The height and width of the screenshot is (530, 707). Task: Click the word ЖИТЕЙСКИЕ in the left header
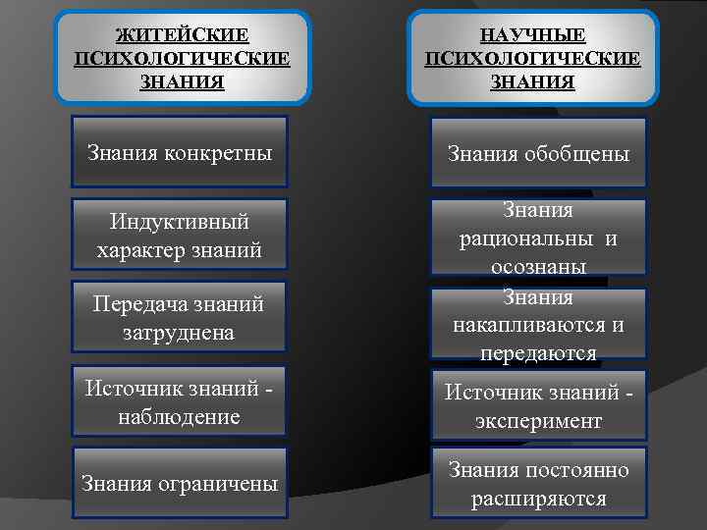[x=182, y=36]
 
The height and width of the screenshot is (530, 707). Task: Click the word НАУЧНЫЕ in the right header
[x=533, y=36]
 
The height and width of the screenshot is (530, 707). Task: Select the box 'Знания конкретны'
[x=180, y=152]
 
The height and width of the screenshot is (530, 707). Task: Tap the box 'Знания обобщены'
[x=538, y=154]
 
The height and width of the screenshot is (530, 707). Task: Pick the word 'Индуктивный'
[x=180, y=224]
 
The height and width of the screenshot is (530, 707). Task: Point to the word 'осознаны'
[x=538, y=266]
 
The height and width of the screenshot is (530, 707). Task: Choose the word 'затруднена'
[x=179, y=333]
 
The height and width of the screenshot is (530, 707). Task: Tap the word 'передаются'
[x=538, y=352]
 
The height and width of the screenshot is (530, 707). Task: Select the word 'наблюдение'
[x=179, y=416]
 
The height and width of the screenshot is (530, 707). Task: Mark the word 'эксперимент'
[x=538, y=420]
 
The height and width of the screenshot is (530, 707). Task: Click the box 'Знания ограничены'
[x=180, y=484]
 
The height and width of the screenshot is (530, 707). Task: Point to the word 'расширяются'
[x=538, y=499]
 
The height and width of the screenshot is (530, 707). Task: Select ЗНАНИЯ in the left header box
[x=182, y=81]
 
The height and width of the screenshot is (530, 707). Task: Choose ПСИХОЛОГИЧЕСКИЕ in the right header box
[x=533, y=59]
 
